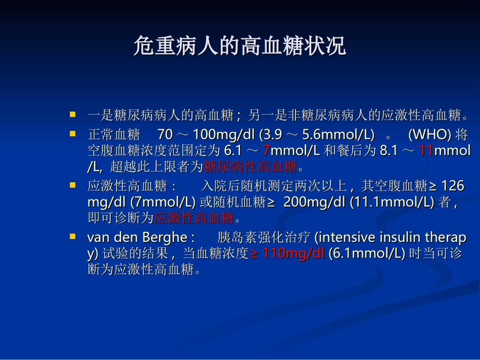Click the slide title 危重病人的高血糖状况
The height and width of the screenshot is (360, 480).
pos(239,46)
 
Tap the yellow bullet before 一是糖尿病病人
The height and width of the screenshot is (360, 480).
pos(73,115)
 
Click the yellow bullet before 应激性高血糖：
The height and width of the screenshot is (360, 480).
pos(73,185)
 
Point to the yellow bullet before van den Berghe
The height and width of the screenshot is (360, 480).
pos(73,236)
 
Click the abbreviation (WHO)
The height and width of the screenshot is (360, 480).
pos(429,135)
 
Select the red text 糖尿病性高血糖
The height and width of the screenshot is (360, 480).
pos(250,167)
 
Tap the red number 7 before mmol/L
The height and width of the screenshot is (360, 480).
pos(267,150)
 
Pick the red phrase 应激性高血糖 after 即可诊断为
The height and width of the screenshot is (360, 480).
pos(194,218)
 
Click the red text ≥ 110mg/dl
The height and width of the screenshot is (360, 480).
pos(287,253)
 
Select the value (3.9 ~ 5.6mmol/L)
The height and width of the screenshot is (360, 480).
pos(317,135)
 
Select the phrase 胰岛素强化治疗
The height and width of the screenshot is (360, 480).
pos(264,237)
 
